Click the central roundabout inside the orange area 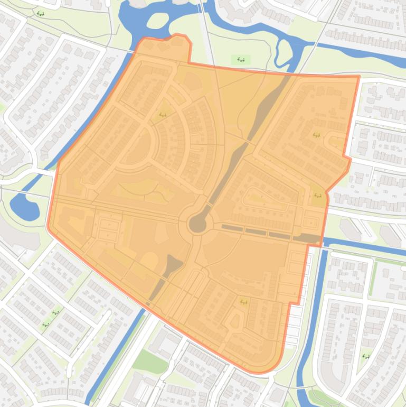(x=198, y=224)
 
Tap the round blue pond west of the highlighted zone (x=24, y=207)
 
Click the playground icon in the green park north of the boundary (x=241, y=60)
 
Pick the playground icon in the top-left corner (x=41, y=14)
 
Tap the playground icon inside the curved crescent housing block (x=163, y=114)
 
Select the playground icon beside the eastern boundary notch (x=318, y=196)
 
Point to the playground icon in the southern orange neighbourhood (x=243, y=302)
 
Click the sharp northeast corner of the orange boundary (x=358, y=77)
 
